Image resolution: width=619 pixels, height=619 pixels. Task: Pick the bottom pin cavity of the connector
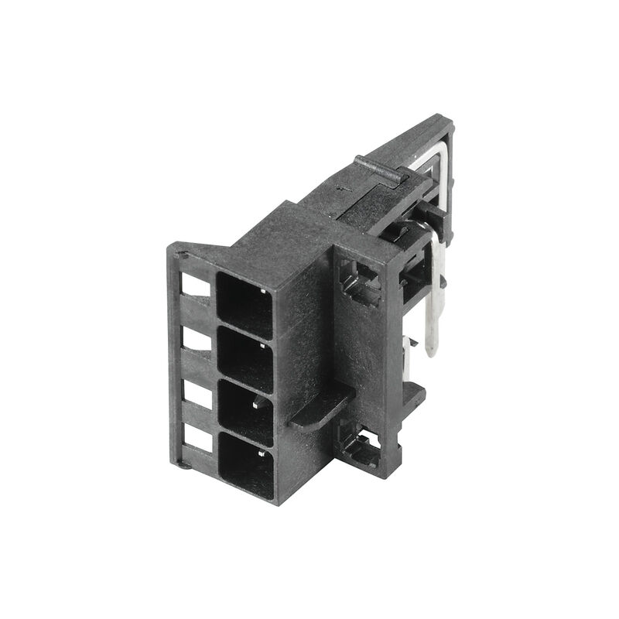point(247,464)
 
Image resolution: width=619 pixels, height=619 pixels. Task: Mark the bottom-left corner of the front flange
point(182,464)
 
